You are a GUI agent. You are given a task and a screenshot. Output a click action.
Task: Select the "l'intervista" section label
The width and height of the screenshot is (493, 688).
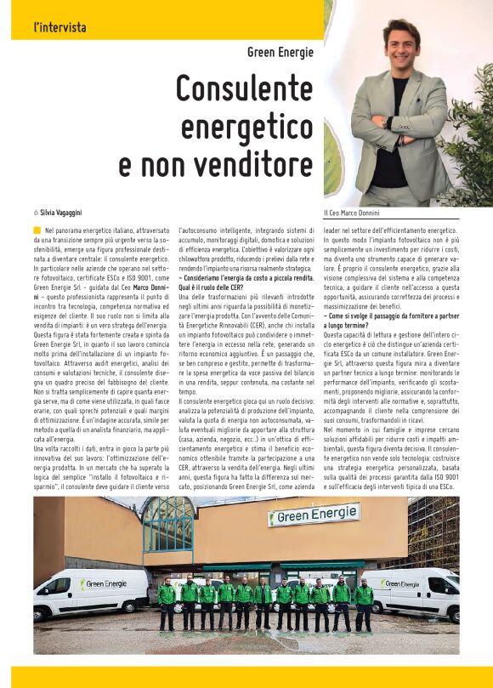click(59, 27)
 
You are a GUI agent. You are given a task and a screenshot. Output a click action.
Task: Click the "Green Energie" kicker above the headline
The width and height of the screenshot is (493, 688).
click(280, 53)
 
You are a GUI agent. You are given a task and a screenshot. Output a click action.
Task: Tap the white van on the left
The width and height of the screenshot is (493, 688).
click(89, 594)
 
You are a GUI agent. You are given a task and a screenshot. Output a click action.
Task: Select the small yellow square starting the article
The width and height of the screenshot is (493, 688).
click(37, 230)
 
